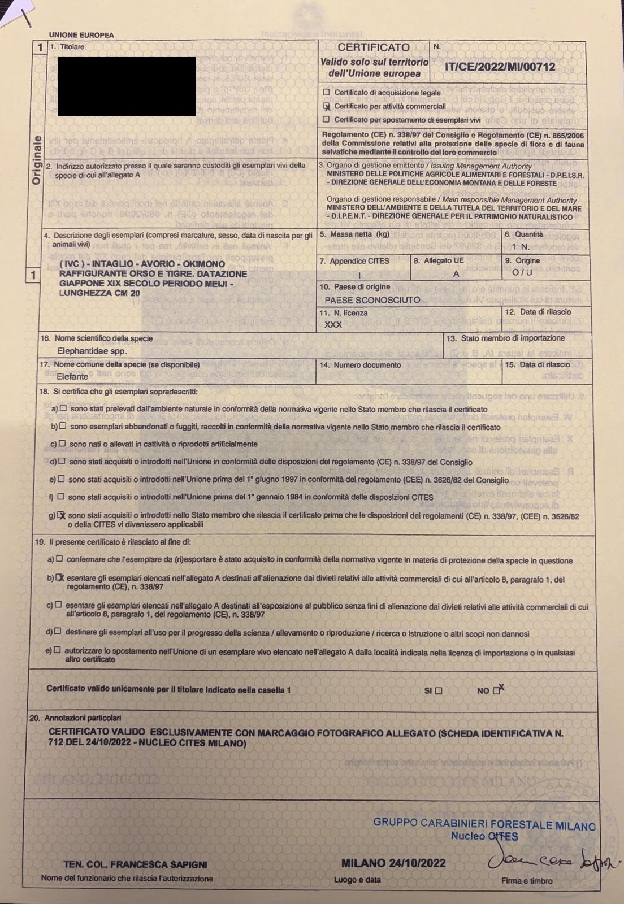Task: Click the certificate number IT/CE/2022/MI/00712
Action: tap(500, 67)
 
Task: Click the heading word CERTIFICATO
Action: tap(374, 47)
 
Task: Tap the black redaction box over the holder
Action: tap(127, 86)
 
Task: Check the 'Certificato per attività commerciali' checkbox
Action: tap(326, 106)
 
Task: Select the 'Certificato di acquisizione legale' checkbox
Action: tap(326, 92)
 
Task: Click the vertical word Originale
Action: tap(37, 160)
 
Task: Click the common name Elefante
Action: tap(72, 376)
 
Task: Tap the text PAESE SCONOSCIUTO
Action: tap(372, 300)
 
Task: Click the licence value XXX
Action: tap(333, 325)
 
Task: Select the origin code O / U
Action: tap(522, 273)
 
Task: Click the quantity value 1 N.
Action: tap(521, 247)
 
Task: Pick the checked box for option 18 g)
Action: tap(62, 515)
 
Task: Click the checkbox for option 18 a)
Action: tap(63, 408)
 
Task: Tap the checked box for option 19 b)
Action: tap(60, 578)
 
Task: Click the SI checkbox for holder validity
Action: tap(439, 690)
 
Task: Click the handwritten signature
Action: tap(551, 861)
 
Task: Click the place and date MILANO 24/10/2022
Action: tap(393, 863)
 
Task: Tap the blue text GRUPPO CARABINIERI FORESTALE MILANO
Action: tap(484, 824)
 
